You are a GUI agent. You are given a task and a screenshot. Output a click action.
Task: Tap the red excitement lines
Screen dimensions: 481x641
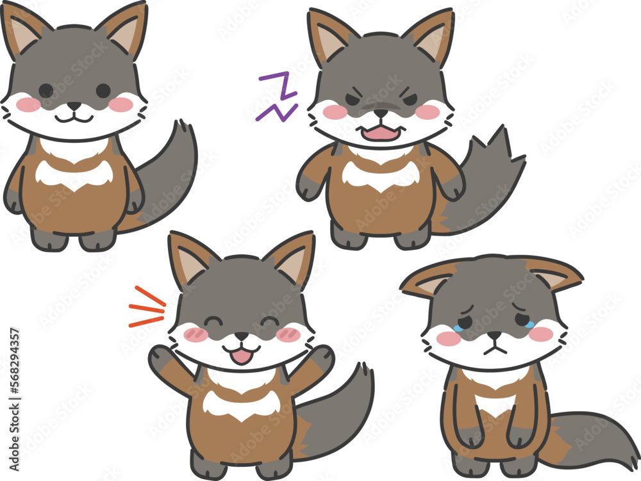[147, 307]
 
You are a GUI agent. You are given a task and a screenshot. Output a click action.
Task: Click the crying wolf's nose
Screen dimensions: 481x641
[494, 334]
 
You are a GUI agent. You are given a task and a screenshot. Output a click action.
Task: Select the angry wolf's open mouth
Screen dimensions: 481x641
[381, 133]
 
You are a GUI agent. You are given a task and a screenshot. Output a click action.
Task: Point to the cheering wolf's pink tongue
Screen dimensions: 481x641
[241, 356]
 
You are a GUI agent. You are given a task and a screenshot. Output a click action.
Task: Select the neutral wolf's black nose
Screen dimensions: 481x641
[74, 105]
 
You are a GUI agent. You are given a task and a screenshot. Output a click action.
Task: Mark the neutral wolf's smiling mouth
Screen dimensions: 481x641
[74, 118]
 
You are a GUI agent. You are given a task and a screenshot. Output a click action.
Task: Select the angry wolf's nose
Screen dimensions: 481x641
[381, 113]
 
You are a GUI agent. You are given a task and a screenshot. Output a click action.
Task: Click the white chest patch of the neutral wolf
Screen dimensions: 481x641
[73, 175]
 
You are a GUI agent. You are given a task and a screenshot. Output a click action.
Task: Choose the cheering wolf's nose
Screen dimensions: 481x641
[241, 336]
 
